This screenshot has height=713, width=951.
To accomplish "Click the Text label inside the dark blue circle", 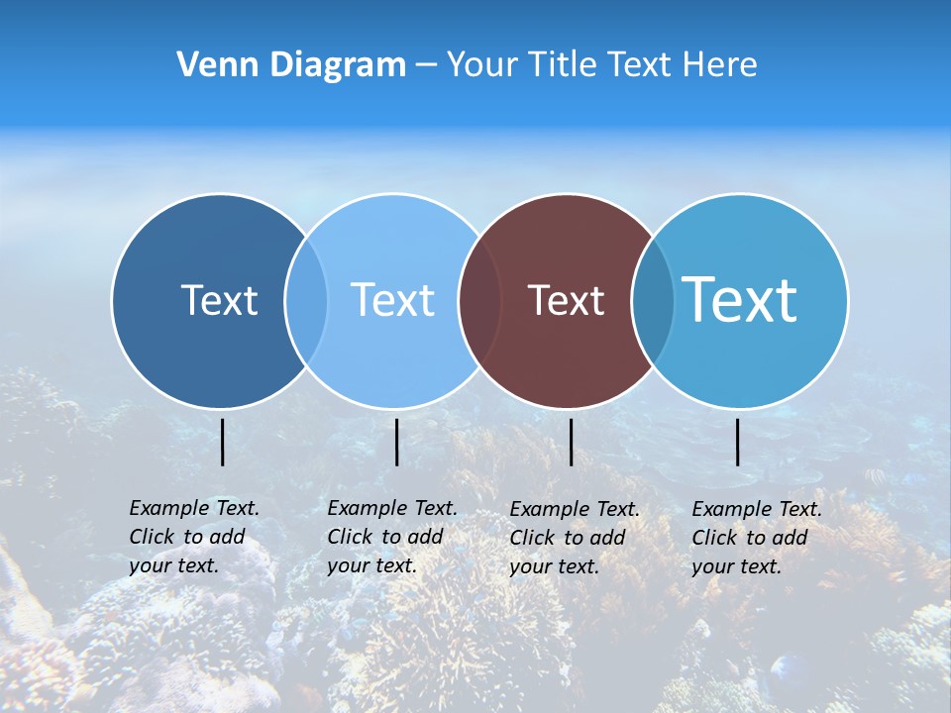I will coord(219,300).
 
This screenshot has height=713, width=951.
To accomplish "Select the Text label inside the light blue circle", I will coord(392,300).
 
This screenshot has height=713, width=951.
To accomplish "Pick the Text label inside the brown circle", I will coord(566,301).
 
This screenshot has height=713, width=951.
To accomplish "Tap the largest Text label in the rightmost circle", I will coord(740,299).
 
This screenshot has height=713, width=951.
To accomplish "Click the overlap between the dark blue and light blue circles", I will coord(306,300).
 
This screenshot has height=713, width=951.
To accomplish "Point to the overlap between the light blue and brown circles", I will coord(479,300).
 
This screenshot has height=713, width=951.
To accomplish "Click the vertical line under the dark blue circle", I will coord(222,442).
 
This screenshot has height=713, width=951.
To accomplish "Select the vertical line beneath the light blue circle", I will coord(396,442).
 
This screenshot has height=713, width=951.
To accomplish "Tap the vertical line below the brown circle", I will coord(571,442).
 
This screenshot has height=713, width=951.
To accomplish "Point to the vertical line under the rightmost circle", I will coord(737,442).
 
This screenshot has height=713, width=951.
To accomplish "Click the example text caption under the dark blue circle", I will coord(193,537).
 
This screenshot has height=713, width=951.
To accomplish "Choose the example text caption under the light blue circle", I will coord(391,537).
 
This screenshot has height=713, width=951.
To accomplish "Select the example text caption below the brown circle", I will coord(574,538).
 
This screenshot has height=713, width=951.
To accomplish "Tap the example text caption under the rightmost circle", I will coord(756,538).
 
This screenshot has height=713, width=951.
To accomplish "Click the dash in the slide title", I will coord(426,66).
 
